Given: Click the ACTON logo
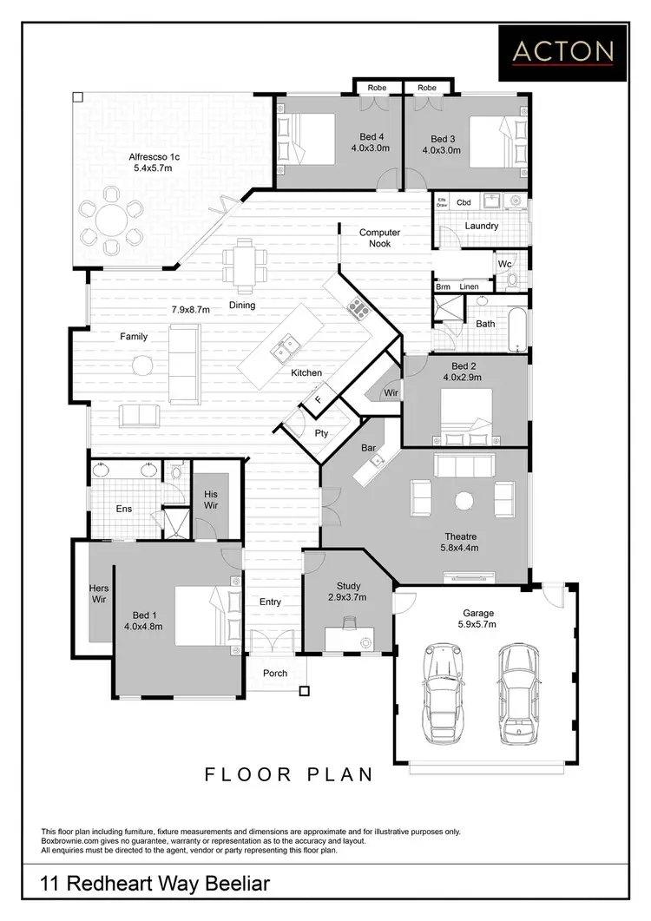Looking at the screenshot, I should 562,52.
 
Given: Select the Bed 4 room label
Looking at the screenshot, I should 372,139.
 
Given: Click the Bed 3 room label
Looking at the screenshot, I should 443,139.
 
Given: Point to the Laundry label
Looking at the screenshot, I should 481,226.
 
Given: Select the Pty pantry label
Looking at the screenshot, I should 321,432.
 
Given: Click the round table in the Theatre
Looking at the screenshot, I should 464,499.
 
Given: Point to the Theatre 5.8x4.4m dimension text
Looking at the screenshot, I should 462,548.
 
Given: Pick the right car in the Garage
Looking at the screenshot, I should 516,691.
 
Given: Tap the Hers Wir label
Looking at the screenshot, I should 99,593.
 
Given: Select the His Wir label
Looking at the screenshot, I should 210,500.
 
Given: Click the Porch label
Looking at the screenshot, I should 275,673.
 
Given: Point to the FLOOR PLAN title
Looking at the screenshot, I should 289,773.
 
